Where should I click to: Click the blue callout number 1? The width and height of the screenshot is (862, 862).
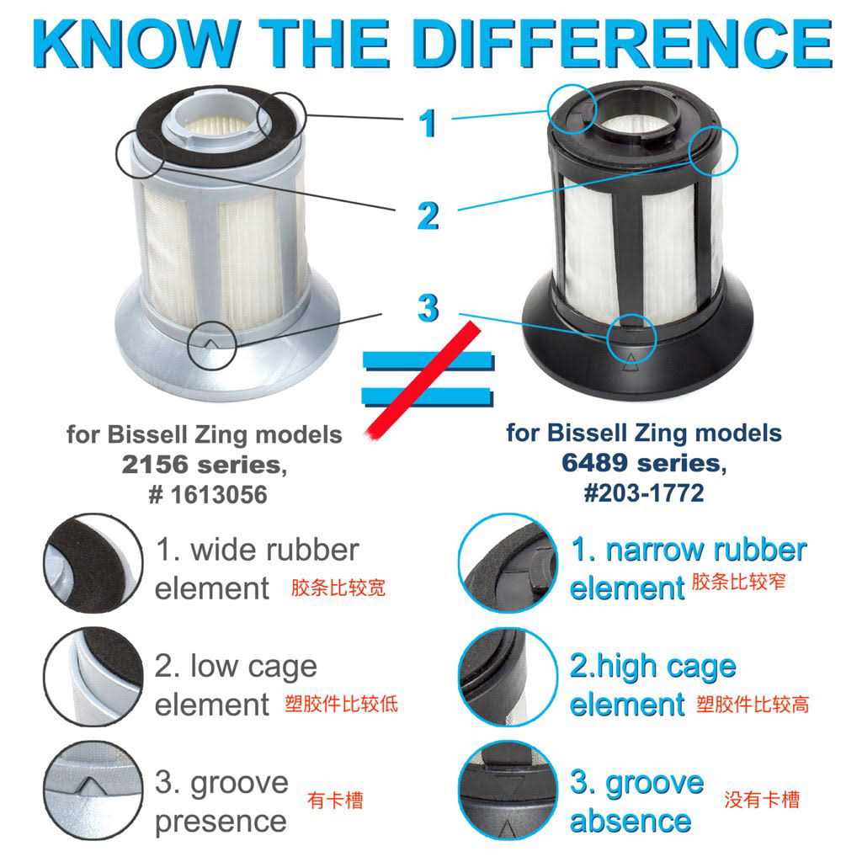tap(427, 123)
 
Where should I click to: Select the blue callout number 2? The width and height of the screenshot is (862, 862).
tap(428, 215)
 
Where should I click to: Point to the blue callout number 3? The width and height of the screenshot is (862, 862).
tap(428, 307)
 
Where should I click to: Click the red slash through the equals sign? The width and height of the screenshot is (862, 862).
tap(423, 380)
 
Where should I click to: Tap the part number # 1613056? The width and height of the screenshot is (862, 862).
tap(208, 494)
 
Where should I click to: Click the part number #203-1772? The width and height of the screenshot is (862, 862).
tap(644, 492)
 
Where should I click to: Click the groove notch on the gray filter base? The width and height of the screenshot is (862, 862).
tap(211, 343)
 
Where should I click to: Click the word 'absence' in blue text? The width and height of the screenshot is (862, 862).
tap(631, 821)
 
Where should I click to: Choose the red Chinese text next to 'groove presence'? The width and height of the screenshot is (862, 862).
tap(335, 800)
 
